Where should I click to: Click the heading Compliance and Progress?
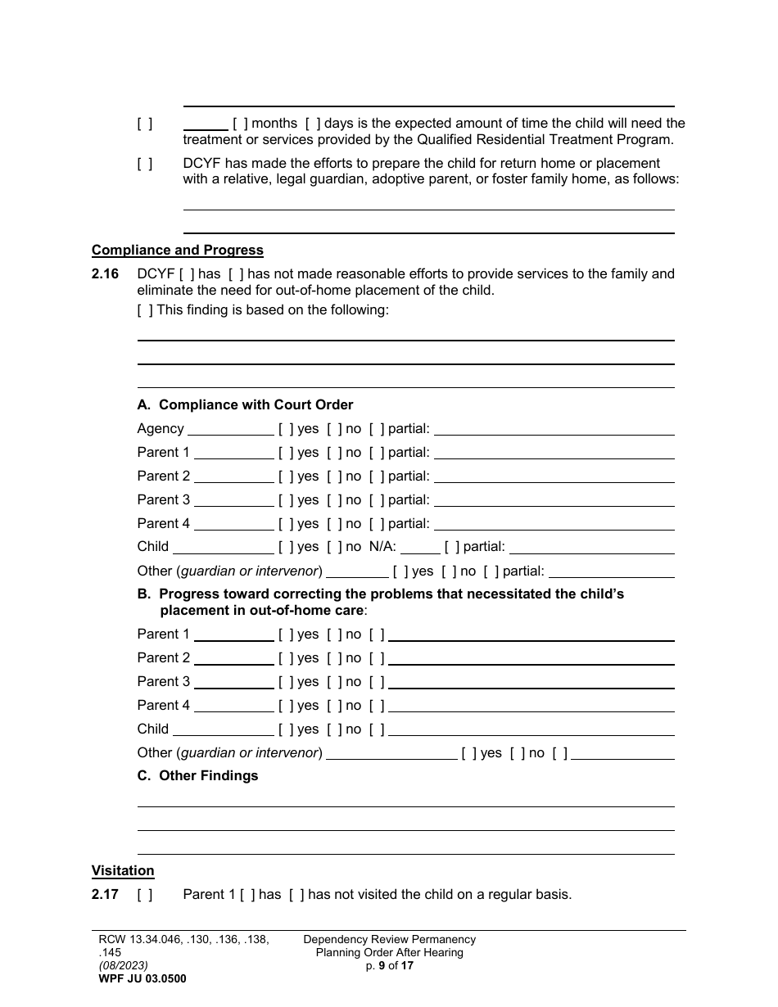[178, 251]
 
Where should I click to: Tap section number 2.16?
[105, 274]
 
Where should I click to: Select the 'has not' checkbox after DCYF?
[236, 274]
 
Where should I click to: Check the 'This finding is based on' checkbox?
[145, 310]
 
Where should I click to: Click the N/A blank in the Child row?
[420, 547]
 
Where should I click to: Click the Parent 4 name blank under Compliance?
[233, 524]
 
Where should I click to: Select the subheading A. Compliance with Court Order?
[246, 405]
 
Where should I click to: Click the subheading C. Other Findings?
[197, 776]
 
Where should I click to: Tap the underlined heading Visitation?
[123, 871]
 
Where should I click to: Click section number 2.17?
[105, 895]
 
